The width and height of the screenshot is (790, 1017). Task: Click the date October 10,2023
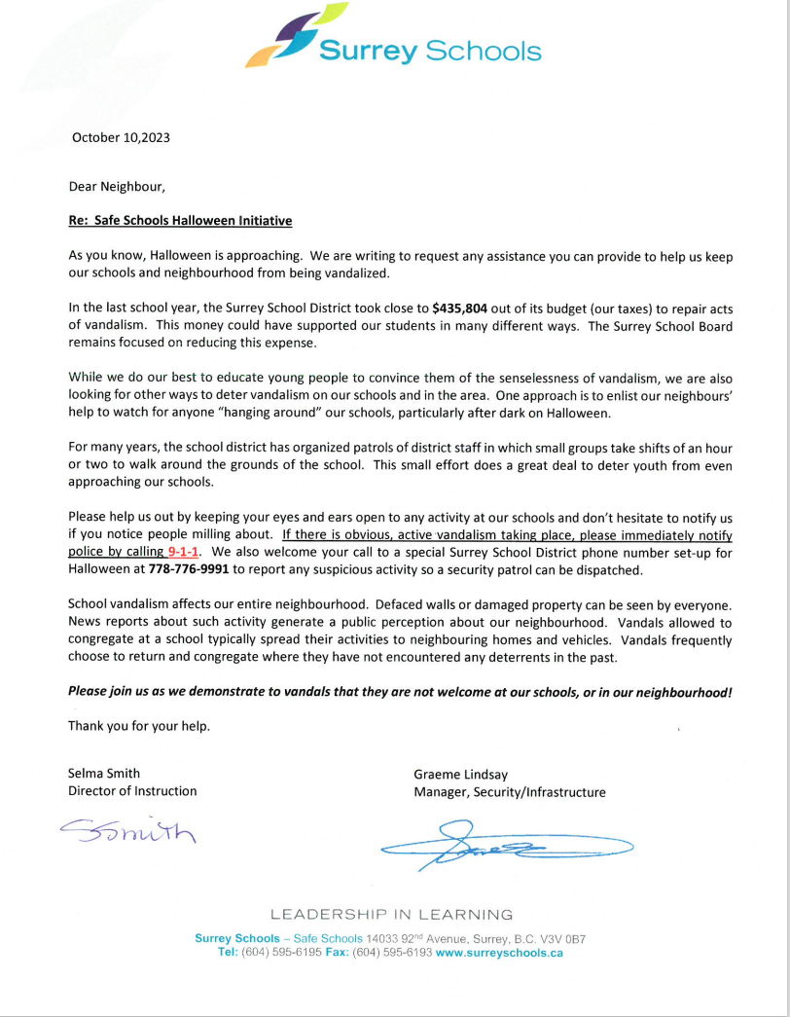click(121, 137)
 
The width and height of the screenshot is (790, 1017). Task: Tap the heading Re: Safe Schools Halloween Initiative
click(180, 221)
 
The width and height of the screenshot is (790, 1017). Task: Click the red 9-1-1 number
click(184, 551)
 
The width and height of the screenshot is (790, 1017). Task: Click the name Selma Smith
click(104, 774)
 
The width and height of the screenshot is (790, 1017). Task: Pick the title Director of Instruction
click(132, 791)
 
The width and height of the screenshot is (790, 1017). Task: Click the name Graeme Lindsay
click(461, 774)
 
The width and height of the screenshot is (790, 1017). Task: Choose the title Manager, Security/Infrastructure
click(509, 792)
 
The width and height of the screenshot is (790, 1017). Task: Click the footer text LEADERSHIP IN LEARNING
click(391, 915)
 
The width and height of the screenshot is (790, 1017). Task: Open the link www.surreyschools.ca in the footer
click(499, 953)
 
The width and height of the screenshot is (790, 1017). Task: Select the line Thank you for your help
click(138, 726)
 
